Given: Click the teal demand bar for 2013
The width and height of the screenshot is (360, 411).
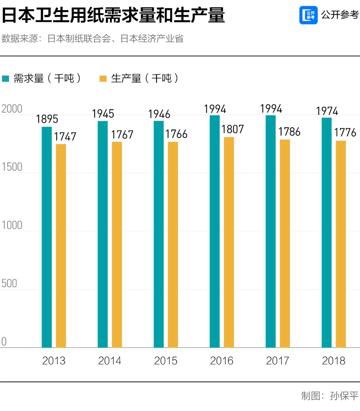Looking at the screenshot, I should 47,237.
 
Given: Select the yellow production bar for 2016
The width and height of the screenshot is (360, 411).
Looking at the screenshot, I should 229,242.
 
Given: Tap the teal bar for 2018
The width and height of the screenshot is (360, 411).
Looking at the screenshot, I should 327,232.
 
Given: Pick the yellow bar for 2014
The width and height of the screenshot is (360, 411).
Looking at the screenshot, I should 117,244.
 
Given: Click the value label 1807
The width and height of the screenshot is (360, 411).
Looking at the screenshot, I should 233,129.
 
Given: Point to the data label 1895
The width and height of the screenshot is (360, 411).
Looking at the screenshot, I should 47,119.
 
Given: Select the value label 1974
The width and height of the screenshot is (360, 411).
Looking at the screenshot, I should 327,111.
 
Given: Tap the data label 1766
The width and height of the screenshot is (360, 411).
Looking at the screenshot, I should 176,134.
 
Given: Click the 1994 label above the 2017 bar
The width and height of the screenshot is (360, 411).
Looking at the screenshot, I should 271,109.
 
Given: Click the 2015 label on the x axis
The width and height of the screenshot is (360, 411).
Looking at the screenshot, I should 166,361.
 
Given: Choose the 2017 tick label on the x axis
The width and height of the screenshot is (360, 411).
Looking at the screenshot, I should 278,361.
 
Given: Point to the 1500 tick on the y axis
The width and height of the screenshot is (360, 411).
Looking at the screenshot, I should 12,167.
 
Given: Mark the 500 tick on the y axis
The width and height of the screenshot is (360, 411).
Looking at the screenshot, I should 9,283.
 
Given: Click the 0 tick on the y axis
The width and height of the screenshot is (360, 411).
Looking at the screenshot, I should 4,341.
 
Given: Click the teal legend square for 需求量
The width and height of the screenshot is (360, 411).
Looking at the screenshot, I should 6,79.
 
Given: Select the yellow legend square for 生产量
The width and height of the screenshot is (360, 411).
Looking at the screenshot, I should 103,79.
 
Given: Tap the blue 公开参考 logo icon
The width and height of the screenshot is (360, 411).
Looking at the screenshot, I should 308,15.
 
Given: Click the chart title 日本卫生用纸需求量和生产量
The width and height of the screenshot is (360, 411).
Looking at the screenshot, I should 113,15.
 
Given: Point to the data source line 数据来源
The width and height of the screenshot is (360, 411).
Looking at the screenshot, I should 92,39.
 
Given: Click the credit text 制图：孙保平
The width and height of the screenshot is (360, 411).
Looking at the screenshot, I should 330,396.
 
